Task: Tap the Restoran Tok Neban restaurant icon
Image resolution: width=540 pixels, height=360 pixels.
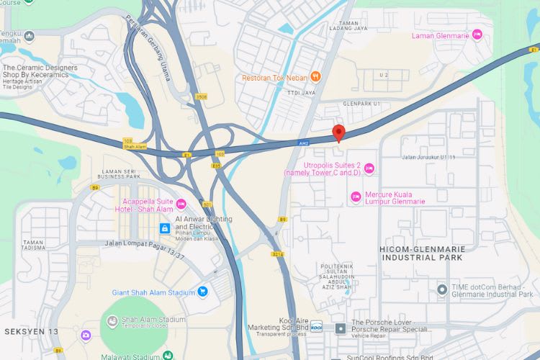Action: (315, 76)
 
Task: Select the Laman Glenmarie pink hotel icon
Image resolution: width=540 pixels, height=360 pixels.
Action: (477, 35)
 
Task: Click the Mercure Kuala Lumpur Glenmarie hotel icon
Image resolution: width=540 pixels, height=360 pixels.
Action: (356, 197)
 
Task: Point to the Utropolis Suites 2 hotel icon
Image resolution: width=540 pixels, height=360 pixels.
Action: (369, 169)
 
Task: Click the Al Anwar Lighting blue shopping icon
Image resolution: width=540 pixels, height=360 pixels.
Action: (165, 228)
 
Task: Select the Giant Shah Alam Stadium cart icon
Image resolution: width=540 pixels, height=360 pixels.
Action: (203, 292)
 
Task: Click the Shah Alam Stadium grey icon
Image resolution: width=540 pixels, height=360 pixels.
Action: (112, 320)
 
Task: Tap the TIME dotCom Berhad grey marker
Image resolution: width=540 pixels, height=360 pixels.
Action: (442, 289)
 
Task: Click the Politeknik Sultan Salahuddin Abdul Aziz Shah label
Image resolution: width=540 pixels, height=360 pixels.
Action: (338, 277)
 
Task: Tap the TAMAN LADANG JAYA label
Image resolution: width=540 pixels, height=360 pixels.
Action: (348, 28)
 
